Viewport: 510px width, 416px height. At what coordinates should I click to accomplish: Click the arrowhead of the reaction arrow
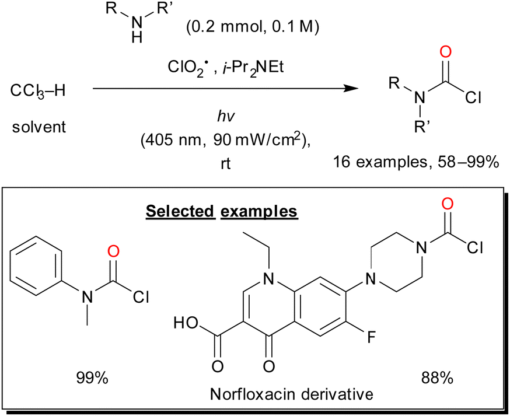350,89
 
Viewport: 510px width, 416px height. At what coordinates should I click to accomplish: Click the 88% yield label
436,378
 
